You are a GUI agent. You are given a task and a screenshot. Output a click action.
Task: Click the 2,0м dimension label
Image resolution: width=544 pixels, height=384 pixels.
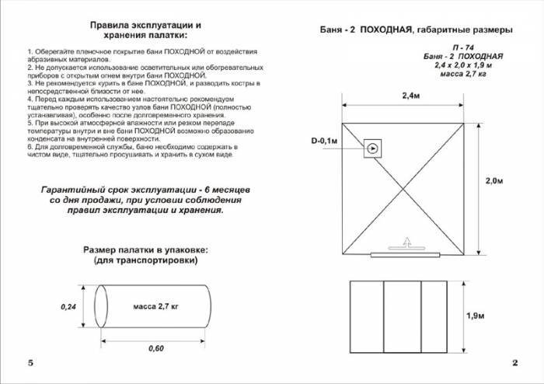coord(494,180)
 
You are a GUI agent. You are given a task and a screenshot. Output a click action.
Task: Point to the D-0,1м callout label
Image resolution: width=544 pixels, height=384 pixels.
coord(325,141)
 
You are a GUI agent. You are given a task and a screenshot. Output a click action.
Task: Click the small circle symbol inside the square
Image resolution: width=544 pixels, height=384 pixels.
coord(373,148)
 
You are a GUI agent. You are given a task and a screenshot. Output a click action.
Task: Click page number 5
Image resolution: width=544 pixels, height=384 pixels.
coord(30,364)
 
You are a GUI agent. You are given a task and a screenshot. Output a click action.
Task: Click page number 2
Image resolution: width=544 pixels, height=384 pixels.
coord(514,364)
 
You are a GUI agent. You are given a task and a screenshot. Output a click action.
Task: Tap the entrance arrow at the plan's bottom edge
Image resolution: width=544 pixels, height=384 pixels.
coord(406,244)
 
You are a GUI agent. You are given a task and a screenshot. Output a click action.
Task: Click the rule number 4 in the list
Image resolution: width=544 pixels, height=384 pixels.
coord(29,100)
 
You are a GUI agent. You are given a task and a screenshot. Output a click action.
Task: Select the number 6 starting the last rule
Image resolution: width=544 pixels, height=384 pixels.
coord(29,146)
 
